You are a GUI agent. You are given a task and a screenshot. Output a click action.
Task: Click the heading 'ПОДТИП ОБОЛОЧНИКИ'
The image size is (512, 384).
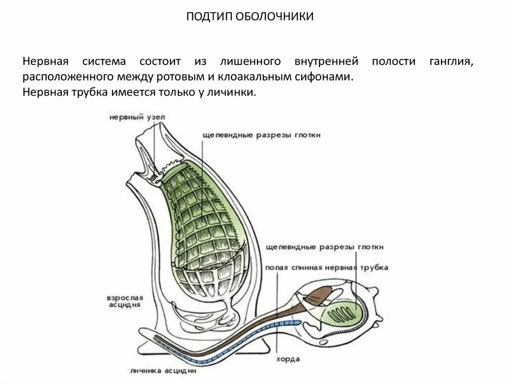(250, 17)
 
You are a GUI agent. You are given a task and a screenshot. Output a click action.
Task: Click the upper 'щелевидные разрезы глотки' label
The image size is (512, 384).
(262, 135)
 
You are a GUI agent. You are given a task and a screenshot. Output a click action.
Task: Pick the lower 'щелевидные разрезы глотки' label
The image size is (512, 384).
(325, 247)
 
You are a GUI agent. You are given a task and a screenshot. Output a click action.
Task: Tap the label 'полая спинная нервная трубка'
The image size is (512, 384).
(327, 268)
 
